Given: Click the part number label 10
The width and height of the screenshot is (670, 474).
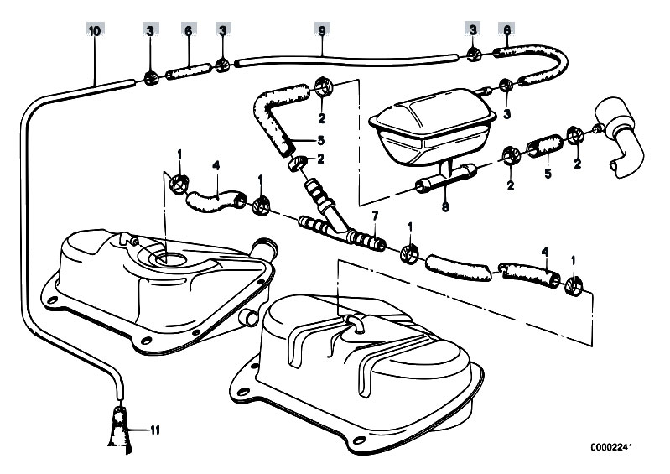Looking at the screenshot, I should click(x=94, y=30).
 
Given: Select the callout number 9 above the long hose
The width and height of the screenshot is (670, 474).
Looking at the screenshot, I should click(x=321, y=30).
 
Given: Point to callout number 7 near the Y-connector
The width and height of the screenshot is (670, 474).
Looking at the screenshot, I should click(x=375, y=216).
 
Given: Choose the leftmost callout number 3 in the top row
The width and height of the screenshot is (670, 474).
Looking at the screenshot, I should click(x=149, y=30).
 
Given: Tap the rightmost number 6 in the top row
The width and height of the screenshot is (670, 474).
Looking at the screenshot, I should click(x=506, y=30).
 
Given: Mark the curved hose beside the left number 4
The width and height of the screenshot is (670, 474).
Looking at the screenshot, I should click(x=216, y=200).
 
